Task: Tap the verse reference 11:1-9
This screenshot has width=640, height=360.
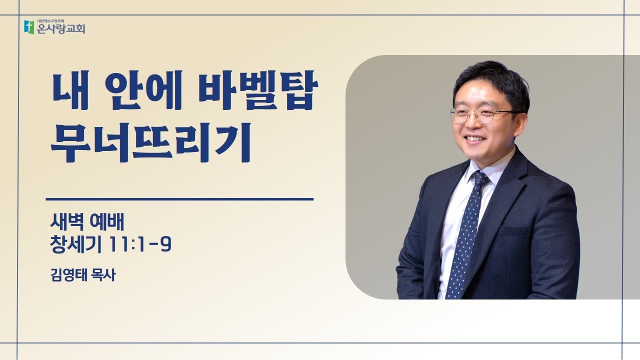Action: [x=140, y=245]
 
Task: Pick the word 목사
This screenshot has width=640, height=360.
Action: [x=102, y=275]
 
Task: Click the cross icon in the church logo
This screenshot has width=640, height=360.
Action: [x=29, y=27]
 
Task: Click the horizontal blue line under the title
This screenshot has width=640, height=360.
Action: [x=179, y=199]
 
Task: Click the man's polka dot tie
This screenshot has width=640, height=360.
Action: [x=464, y=235]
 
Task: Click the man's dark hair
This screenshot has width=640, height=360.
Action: [x=492, y=80]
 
